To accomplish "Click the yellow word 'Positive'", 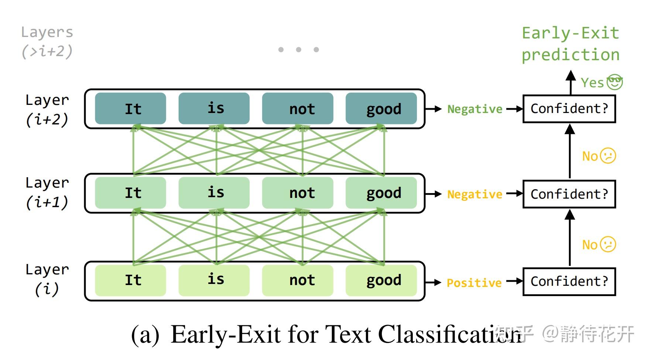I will [474, 283].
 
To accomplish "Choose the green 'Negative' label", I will [475, 109].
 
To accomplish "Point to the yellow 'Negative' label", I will [475, 194].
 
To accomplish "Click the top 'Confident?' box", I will [569, 109].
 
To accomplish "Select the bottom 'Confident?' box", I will [569, 282].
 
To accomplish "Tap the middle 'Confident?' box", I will [569, 194].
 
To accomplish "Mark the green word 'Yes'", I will [592, 83].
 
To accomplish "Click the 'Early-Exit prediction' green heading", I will [571, 44].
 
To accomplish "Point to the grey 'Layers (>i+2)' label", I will [47, 42].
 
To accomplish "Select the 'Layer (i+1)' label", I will [47, 193].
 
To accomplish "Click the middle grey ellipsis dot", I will [298, 49].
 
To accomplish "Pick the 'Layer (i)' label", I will [47, 280].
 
